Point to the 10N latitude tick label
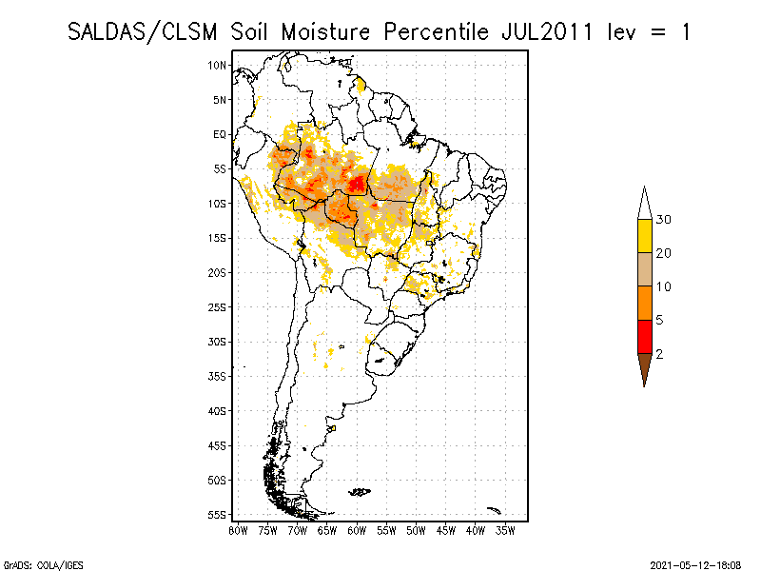(x=218, y=65)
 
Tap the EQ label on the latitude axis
(x=220, y=134)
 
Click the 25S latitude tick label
(x=218, y=306)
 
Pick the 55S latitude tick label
(x=218, y=514)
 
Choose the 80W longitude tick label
(x=238, y=530)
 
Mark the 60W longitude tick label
(x=357, y=530)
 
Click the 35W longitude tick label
(x=505, y=530)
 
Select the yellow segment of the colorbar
(x=644, y=236)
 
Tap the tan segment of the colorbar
(x=644, y=269)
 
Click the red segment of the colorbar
(x=644, y=336)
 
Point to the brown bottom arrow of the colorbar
(x=644, y=367)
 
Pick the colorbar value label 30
(x=664, y=220)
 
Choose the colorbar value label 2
(x=659, y=354)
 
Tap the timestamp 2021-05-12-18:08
(x=694, y=563)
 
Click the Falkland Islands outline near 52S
(x=360, y=491)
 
